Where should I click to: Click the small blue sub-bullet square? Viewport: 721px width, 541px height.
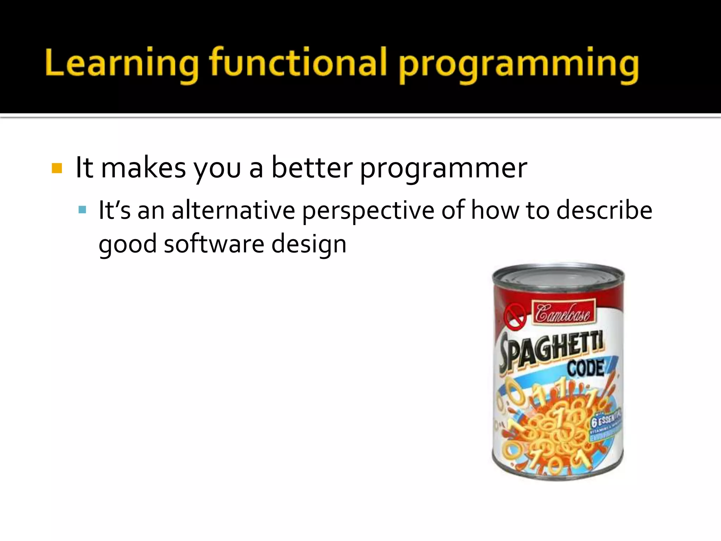(82, 210)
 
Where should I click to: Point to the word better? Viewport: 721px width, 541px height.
(312, 168)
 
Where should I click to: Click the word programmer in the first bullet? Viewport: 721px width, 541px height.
(443, 169)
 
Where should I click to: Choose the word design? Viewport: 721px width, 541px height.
(309, 245)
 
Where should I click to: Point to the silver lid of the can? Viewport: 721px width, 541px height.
(558, 278)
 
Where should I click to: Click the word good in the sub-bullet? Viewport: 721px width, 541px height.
(127, 245)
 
